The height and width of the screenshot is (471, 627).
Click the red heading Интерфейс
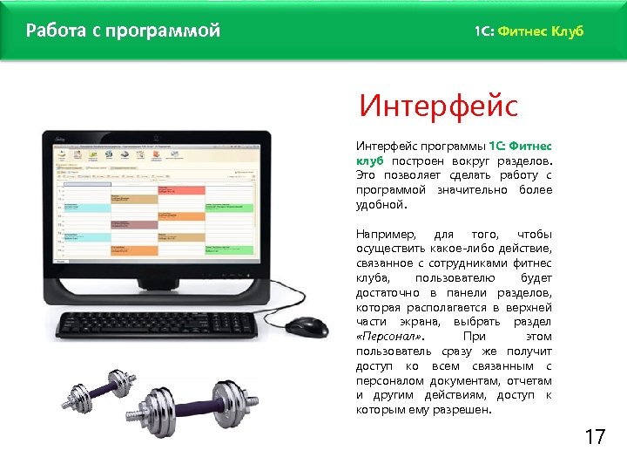coord(438,108)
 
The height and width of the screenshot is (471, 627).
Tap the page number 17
coord(595,437)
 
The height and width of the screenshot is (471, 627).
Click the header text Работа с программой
coord(123,31)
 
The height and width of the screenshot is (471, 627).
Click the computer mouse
coord(307,326)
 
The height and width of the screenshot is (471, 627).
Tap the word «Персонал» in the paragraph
coord(383,337)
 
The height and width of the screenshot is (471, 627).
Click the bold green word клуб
coord(370,160)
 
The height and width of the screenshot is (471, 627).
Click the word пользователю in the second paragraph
coord(451,278)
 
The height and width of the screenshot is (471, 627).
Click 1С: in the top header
coord(484,31)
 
